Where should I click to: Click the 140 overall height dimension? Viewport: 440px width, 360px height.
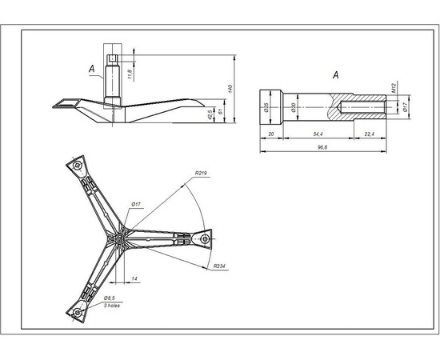coord(230,87)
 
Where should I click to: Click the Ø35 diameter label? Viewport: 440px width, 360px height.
coord(265,106)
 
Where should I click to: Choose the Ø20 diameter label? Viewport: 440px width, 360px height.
coord(293,106)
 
